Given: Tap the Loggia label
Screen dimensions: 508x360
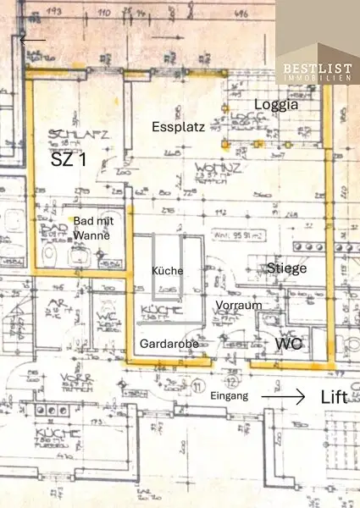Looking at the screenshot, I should tap(280, 106).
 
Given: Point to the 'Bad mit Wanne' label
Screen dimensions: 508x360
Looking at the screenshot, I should tap(90, 227).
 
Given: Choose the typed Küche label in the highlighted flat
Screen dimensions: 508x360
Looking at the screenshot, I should tap(167, 270).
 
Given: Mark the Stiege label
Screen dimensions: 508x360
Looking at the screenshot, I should tap(286, 268).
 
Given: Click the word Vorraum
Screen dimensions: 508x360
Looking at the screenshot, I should tap(238, 304).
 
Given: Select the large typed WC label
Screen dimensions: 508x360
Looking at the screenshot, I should tap(287, 345).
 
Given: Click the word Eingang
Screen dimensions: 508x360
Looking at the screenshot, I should tap(230, 395).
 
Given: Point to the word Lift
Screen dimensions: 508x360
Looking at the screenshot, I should tap(334, 396).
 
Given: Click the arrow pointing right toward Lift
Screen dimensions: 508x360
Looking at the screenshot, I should tap(282, 395).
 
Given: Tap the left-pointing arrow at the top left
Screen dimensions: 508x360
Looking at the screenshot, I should tap(33, 39).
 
